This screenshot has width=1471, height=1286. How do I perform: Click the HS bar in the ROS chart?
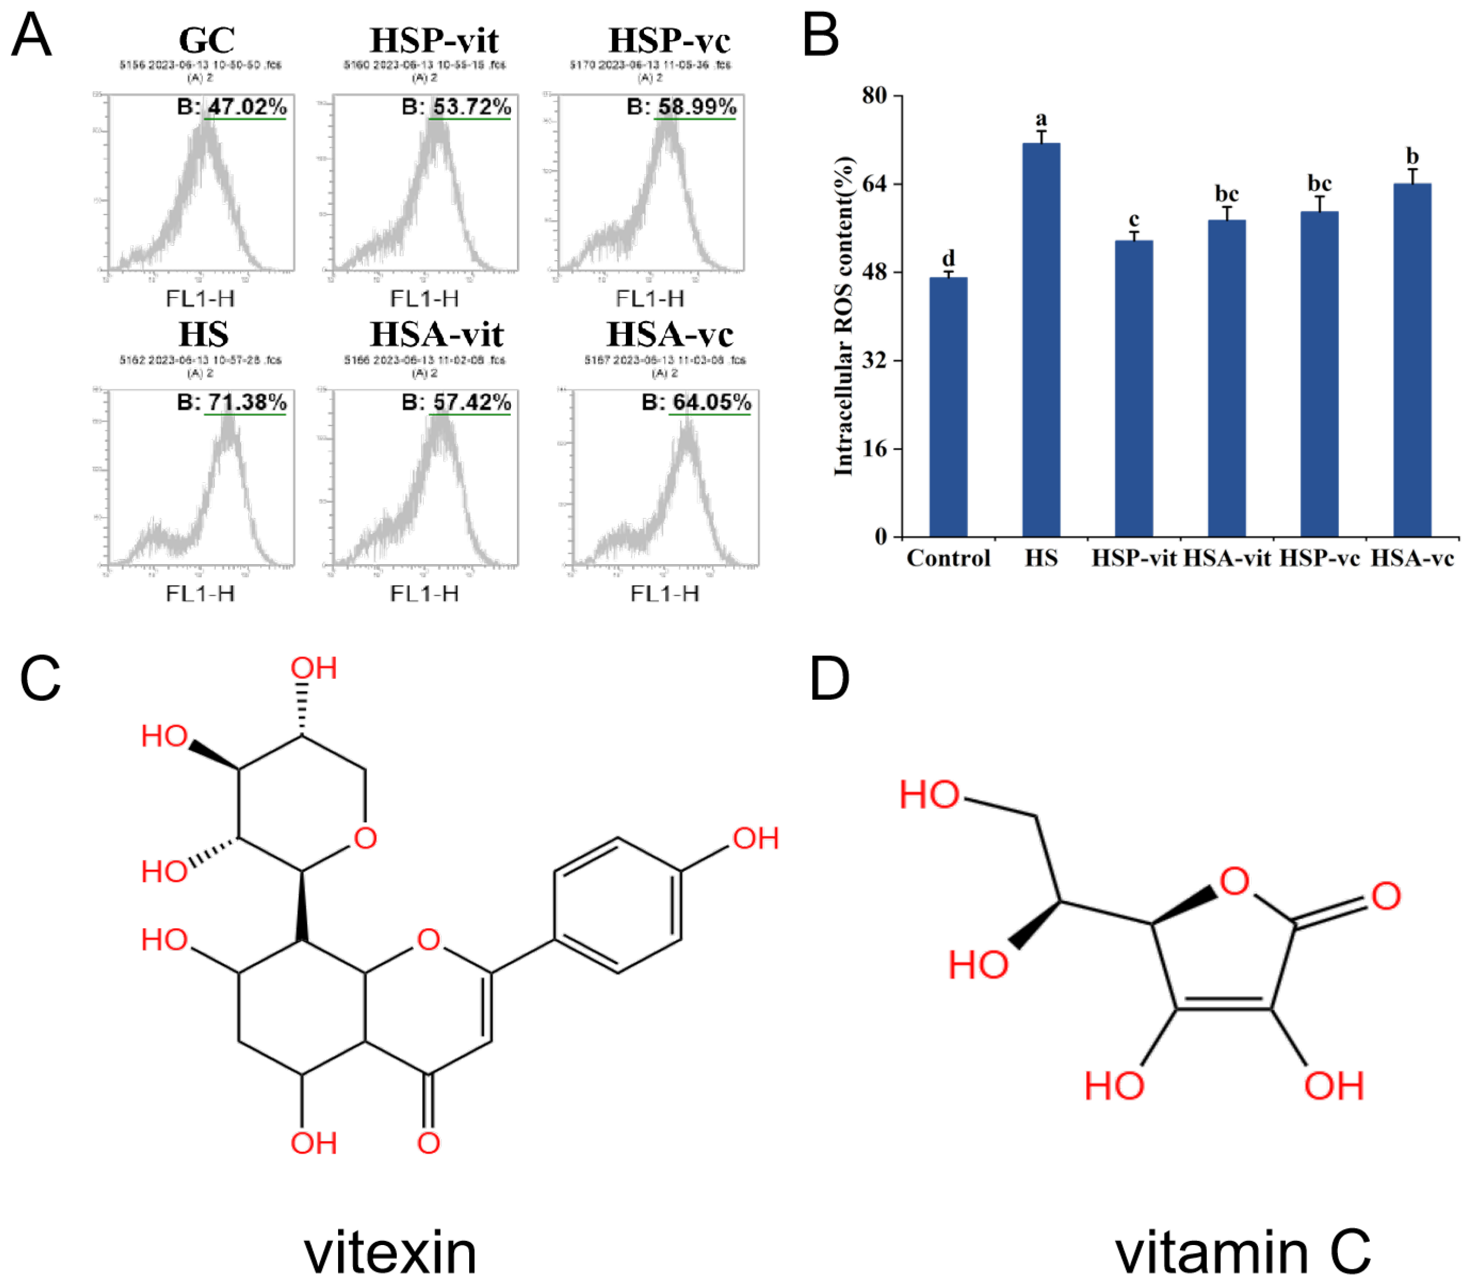pyautogui.click(x=1041, y=340)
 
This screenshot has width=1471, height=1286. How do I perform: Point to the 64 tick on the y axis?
pyautogui.click(x=874, y=184)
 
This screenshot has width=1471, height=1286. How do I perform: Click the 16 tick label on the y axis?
pyautogui.click(x=874, y=449)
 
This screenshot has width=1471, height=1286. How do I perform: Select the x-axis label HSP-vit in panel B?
pyautogui.click(x=1134, y=558)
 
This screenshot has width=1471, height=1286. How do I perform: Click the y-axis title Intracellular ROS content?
pyautogui.click(x=845, y=316)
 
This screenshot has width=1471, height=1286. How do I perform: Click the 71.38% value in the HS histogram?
pyautogui.click(x=247, y=402)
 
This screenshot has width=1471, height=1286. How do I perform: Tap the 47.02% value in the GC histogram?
pyautogui.click(x=247, y=107)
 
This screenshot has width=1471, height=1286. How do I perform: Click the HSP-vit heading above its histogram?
pyautogui.click(x=433, y=40)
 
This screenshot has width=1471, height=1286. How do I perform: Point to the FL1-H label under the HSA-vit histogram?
pyautogui.click(x=424, y=594)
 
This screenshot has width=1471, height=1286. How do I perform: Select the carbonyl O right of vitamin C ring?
pyautogui.click(x=1385, y=897)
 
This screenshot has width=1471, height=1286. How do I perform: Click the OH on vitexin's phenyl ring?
pyautogui.click(x=755, y=838)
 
